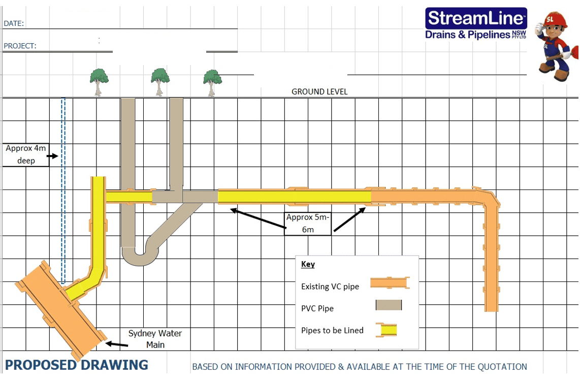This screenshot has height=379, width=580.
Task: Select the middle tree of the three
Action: (x=159, y=81)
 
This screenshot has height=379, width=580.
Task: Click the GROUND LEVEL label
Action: (x=319, y=92)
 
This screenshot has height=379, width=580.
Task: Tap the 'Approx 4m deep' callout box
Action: (x=26, y=154)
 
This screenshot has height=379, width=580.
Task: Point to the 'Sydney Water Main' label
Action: (x=155, y=339)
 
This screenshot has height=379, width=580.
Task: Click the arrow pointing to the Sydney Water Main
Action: (x=116, y=344)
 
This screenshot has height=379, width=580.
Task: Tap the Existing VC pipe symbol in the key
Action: (x=390, y=283)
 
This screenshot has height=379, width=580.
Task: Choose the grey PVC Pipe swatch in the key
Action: (x=389, y=305)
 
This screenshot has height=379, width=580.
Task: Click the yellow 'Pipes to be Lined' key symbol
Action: (x=386, y=330)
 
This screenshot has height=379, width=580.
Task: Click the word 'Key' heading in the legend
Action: (x=308, y=264)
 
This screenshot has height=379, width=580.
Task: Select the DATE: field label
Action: (x=14, y=23)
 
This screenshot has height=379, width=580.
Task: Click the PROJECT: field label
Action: (x=20, y=46)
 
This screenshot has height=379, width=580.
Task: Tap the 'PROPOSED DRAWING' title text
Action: (x=77, y=365)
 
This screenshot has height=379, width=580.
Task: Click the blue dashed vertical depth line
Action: (x=63, y=191)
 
